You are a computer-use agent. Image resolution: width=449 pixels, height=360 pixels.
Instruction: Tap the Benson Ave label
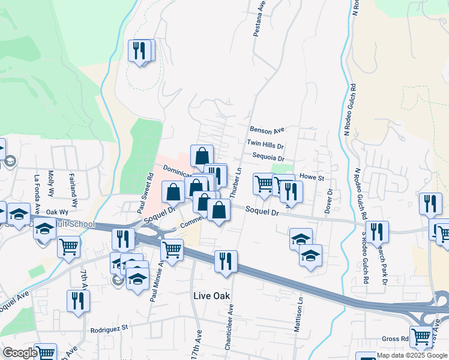tap(267, 130)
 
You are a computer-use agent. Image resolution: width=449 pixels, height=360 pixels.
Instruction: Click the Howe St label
tap(312, 178)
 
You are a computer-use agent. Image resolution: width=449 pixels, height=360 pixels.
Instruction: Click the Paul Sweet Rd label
tap(146, 194)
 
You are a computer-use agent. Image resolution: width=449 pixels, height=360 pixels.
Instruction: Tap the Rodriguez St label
tap(110, 329)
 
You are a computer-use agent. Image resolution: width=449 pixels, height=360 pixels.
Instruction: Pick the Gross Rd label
tap(395, 339)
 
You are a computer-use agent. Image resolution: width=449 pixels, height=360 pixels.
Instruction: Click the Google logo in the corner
tap(20, 353)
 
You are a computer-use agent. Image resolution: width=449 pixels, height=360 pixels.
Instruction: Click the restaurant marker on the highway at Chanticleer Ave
tap(226, 262)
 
